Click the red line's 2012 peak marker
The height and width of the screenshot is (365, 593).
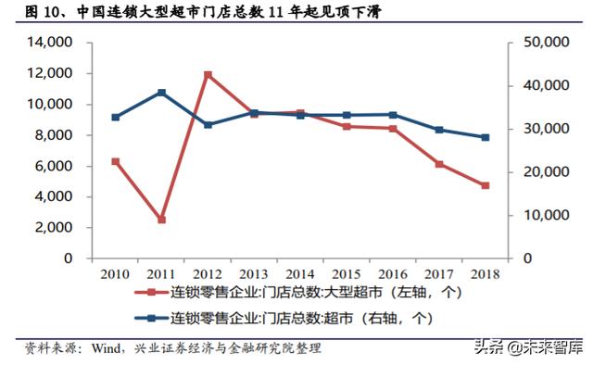click(208, 74)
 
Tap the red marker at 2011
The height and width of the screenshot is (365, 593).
click(162, 220)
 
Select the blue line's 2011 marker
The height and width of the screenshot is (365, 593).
click(162, 93)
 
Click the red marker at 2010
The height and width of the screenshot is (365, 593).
click(116, 161)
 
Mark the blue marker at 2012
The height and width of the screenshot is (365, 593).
click(208, 124)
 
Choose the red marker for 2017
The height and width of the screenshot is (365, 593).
click(438, 164)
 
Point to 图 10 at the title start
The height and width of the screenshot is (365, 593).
click(42, 12)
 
